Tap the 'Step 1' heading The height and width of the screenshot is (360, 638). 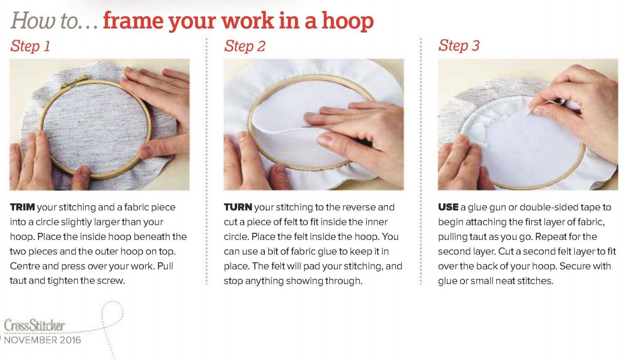click(x=30, y=46)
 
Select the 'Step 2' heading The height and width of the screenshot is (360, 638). click(x=245, y=46)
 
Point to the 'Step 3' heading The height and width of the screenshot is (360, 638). click(x=459, y=46)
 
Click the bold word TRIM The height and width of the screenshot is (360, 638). click(x=22, y=207)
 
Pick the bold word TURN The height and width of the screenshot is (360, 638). click(x=238, y=207)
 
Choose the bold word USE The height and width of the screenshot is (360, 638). click(x=448, y=207)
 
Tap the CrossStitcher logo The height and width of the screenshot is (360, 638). click(x=35, y=325)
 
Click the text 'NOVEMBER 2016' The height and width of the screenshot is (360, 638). click(x=43, y=340)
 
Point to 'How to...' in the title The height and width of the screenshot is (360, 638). click(x=54, y=21)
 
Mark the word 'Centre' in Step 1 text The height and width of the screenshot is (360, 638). click(x=25, y=266)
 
